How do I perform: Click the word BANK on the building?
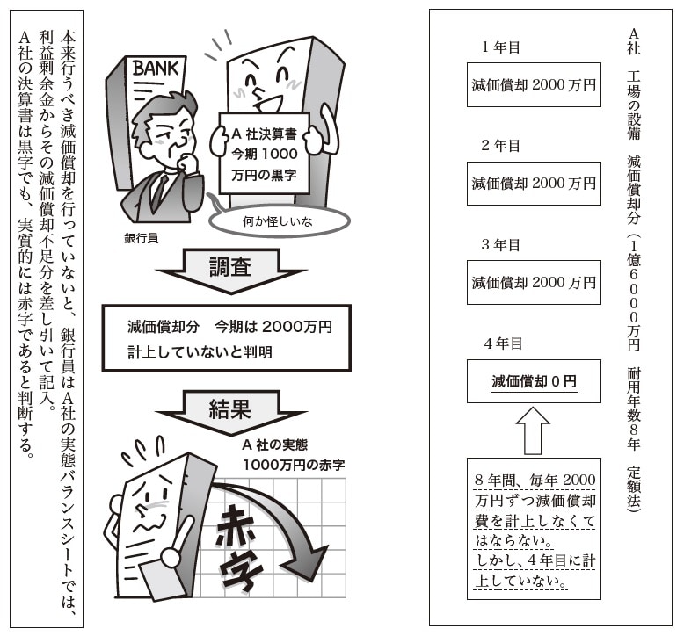tap(156, 69)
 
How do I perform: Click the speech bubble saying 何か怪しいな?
tap(280, 220)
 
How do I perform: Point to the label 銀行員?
tap(141, 238)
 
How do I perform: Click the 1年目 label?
tap(501, 47)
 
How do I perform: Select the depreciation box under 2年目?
tap(534, 183)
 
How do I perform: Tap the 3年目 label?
tap(501, 244)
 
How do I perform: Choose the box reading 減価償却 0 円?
tap(534, 381)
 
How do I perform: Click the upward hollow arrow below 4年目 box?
tap(533, 430)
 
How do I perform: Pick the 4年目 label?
tap(503, 343)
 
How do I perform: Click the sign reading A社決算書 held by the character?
tap(264, 154)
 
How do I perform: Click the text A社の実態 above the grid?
tap(275, 444)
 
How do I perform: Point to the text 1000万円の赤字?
tap(294, 465)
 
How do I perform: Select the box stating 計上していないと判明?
tap(227, 338)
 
